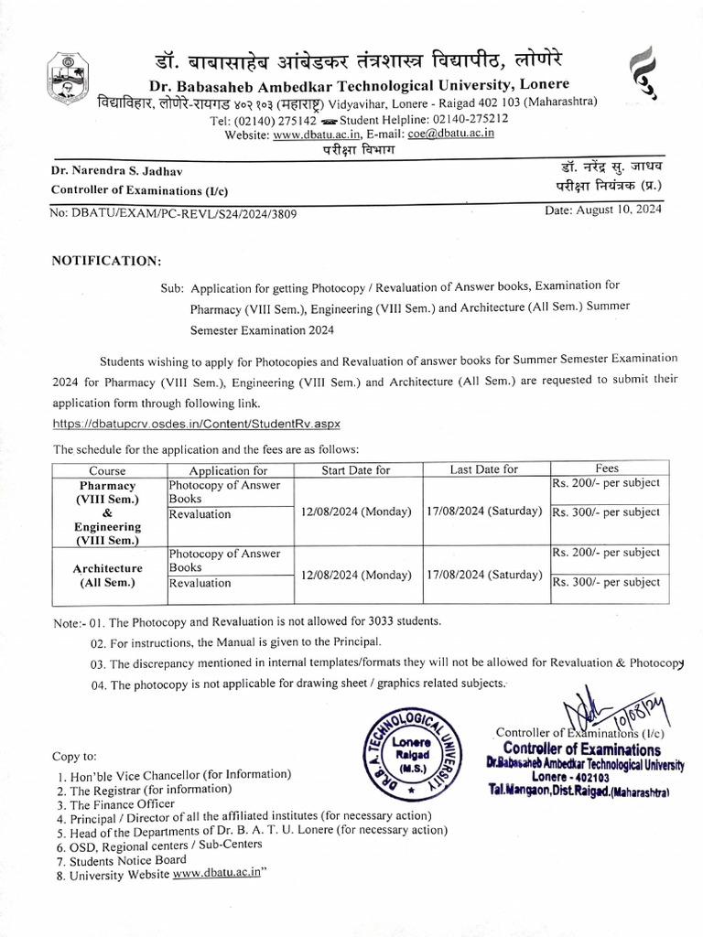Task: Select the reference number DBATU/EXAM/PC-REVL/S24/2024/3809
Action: (x=173, y=213)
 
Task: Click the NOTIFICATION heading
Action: (x=107, y=261)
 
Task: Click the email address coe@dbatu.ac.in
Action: (x=451, y=134)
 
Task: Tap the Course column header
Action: (x=107, y=469)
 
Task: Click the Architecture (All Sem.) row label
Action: (x=107, y=574)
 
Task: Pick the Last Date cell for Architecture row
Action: (x=484, y=575)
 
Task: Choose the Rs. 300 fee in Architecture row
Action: (x=604, y=582)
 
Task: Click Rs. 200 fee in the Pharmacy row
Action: (x=604, y=483)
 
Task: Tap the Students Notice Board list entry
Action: (x=127, y=860)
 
